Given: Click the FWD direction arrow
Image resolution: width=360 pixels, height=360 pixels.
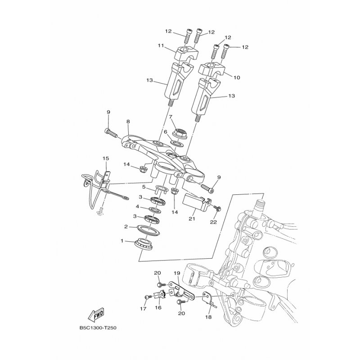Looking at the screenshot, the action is (96, 314).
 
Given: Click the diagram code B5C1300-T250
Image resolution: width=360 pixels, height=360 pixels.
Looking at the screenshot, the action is (98, 328).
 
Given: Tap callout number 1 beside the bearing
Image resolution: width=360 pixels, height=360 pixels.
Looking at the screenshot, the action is (122, 241).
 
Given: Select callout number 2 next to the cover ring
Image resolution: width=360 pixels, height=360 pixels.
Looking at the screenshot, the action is (126, 227).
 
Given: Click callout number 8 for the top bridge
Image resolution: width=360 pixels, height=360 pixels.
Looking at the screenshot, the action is (128, 121).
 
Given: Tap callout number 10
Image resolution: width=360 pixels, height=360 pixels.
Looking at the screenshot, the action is (237, 77).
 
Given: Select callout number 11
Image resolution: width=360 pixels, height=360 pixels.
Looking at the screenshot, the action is (161, 46).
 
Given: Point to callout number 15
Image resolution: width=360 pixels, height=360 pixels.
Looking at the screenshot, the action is (106, 158).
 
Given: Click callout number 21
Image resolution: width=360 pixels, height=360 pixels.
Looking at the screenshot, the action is (192, 219).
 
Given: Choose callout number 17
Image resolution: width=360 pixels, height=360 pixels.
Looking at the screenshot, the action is (143, 309).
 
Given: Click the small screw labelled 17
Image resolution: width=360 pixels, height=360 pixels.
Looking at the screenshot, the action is (148, 297).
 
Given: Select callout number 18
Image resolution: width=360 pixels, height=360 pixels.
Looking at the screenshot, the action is (208, 317).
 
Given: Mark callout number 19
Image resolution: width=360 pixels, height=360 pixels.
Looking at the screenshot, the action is (177, 273).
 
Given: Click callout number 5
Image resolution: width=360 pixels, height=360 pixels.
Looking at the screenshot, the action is (144, 187).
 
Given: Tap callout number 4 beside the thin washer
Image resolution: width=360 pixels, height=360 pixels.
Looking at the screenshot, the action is (137, 207).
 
